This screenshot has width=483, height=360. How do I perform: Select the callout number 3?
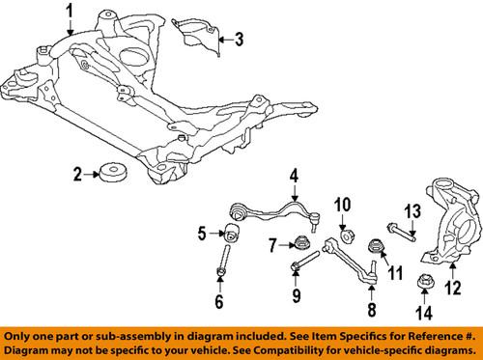[x=241, y=40]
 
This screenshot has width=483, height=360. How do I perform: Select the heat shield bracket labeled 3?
[x=198, y=39]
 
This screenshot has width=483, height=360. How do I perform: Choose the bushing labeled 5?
[x=233, y=260]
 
